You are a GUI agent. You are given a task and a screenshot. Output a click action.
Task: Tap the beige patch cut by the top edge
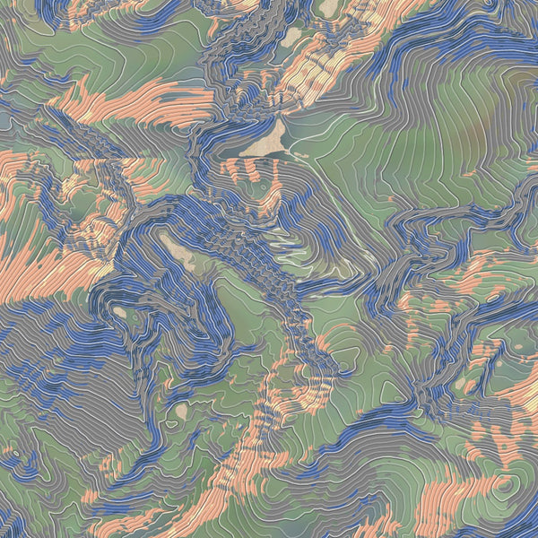pos(329,7)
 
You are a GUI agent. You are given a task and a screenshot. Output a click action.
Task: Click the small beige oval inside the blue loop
pos(119,312)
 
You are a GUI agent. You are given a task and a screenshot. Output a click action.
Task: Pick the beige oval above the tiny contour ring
pos(181,411)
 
